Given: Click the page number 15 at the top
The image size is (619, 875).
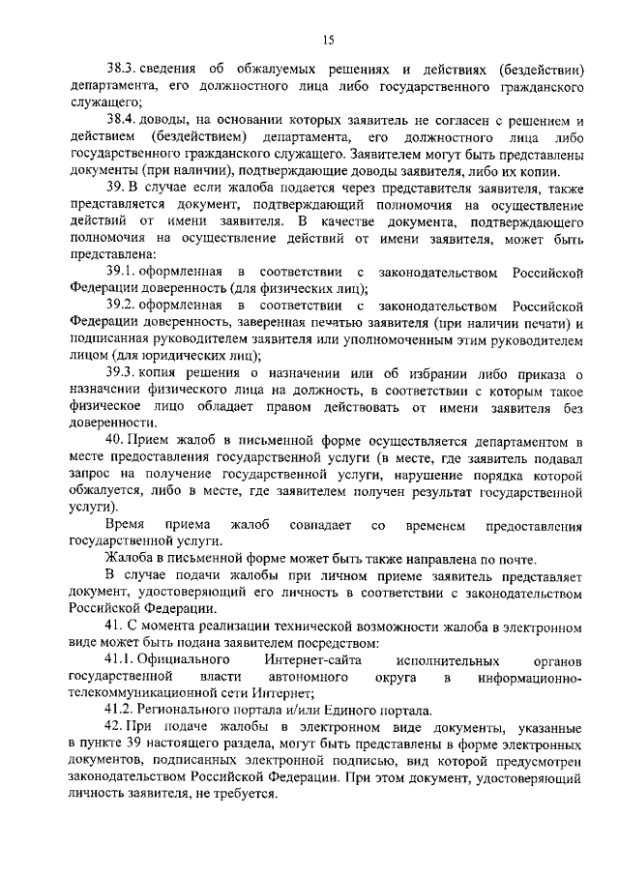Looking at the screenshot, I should [x=328, y=40].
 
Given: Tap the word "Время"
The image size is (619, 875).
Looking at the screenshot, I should [x=125, y=525].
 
